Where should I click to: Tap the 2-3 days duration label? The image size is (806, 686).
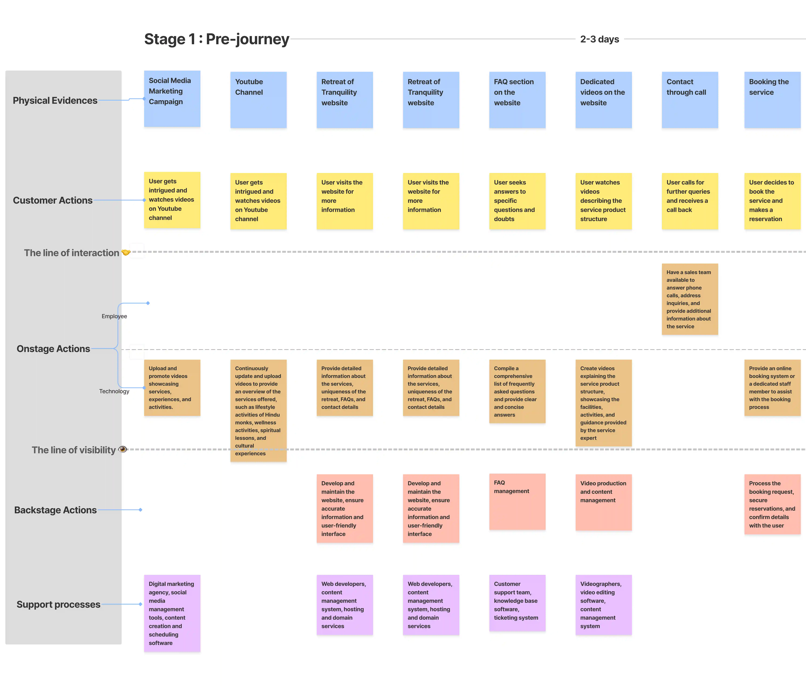[x=599, y=39]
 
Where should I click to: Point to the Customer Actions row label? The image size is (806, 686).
[x=52, y=200]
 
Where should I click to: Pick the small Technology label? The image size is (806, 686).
[x=114, y=391]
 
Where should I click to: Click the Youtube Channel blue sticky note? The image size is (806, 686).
[x=258, y=100]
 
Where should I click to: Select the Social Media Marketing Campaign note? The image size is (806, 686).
[x=172, y=99]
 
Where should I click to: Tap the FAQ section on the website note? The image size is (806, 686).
[x=517, y=100]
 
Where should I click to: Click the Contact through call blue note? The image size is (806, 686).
[x=690, y=100]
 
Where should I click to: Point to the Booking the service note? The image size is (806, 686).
[x=772, y=100]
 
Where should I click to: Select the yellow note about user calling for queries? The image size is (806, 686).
[x=690, y=201]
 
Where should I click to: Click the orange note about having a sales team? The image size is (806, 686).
[x=690, y=299]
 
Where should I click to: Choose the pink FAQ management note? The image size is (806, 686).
[x=517, y=501]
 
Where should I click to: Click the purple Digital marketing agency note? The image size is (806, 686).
[x=172, y=613]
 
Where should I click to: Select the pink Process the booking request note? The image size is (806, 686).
[x=772, y=504]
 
